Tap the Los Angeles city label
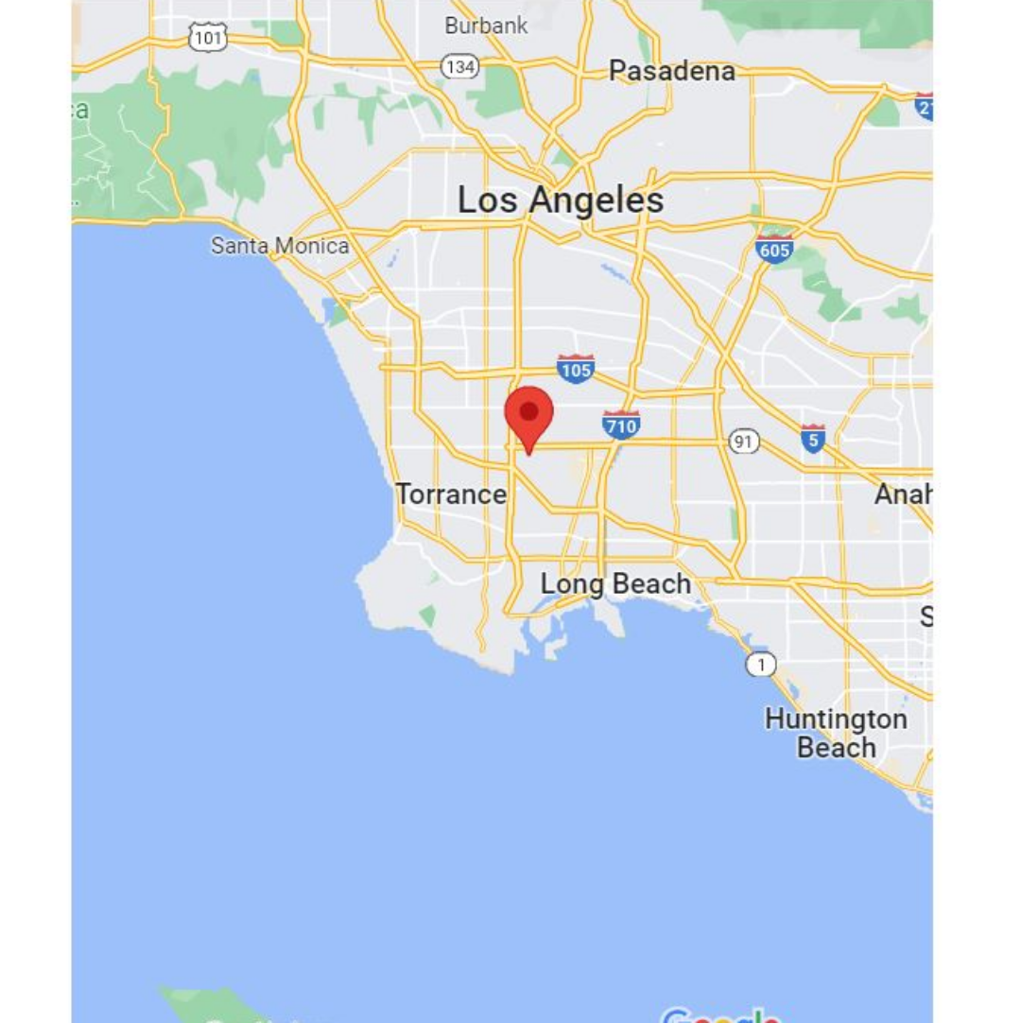pyautogui.click(x=561, y=200)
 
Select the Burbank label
pyautogui.click(x=486, y=26)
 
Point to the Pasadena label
pyautogui.click(x=672, y=71)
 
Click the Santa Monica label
pyautogui.click(x=280, y=246)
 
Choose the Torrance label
pyautogui.click(x=451, y=494)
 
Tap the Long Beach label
pyautogui.click(x=615, y=583)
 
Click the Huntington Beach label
pyautogui.click(x=836, y=733)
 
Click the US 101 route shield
pyautogui.click(x=208, y=38)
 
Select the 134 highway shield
pyautogui.click(x=459, y=66)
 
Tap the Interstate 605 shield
pyautogui.click(x=774, y=251)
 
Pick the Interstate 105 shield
pyautogui.click(x=576, y=369)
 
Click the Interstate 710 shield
pyautogui.click(x=621, y=425)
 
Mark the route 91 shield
pyautogui.click(x=744, y=442)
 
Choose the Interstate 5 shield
pyautogui.click(x=812, y=439)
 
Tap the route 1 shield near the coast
pyautogui.click(x=760, y=665)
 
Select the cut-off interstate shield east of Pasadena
pyautogui.click(x=924, y=105)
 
